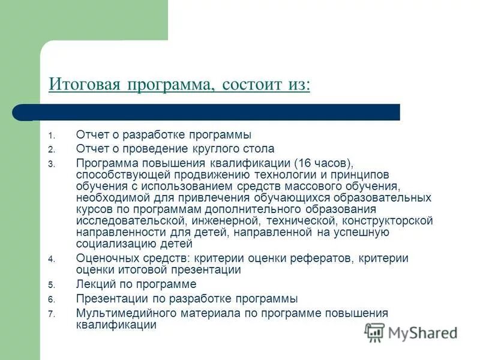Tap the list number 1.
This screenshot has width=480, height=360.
coord(51,136)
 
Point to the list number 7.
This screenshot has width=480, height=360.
coord(51,314)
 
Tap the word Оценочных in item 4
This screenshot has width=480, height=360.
coord(103,259)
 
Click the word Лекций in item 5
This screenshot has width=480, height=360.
coord(93,284)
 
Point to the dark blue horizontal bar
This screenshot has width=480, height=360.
coord(210,112)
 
